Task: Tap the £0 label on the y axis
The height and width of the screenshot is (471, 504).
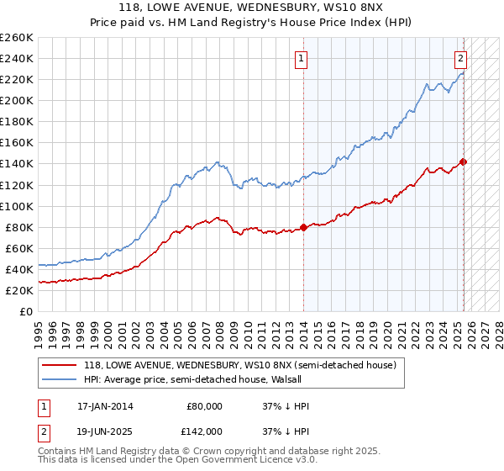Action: click(x=26, y=311)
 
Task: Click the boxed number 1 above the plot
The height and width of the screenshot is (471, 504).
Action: click(x=301, y=59)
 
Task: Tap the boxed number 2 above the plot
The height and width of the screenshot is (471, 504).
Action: click(x=461, y=59)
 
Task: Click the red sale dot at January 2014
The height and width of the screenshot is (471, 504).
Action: click(x=303, y=227)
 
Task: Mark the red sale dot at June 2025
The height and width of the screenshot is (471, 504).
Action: click(x=463, y=161)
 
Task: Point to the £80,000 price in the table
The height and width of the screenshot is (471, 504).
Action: click(x=204, y=406)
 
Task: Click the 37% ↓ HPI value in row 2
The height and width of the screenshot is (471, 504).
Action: click(x=286, y=431)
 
